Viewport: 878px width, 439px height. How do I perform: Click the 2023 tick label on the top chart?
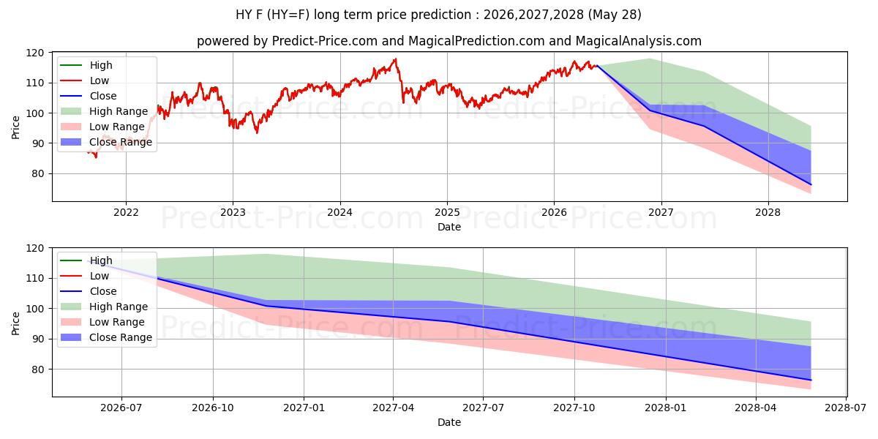point(233,212)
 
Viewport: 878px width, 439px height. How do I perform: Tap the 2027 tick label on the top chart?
point(661,212)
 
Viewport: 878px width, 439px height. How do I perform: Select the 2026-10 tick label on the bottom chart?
point(213,408)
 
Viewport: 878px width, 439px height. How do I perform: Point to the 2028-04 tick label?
point(756,408)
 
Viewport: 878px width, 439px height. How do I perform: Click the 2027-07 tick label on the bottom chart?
point(483,408)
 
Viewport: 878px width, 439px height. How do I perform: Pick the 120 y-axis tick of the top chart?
point(35,53)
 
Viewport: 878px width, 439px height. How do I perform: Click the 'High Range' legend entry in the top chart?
point(104,111)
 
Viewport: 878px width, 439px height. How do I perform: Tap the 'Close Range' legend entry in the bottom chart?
point(106,337)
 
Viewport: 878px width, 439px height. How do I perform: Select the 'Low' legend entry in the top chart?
point(85,80)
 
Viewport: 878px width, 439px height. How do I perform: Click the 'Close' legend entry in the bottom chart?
point(89,291)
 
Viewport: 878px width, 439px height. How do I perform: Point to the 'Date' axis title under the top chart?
point(449,227)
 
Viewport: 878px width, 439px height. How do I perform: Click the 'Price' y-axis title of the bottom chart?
point(15,323)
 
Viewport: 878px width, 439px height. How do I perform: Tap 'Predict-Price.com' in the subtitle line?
point(325,41)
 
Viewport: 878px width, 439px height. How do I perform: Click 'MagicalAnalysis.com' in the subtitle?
point(639,41)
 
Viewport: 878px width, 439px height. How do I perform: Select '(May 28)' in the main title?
point(615,15)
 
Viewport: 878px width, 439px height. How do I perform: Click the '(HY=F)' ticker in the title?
point(288,15)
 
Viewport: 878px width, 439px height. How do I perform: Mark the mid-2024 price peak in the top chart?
point(396,59)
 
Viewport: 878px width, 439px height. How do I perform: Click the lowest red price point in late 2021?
point(96,157)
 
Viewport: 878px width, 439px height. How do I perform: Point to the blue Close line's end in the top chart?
point(811,184)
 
